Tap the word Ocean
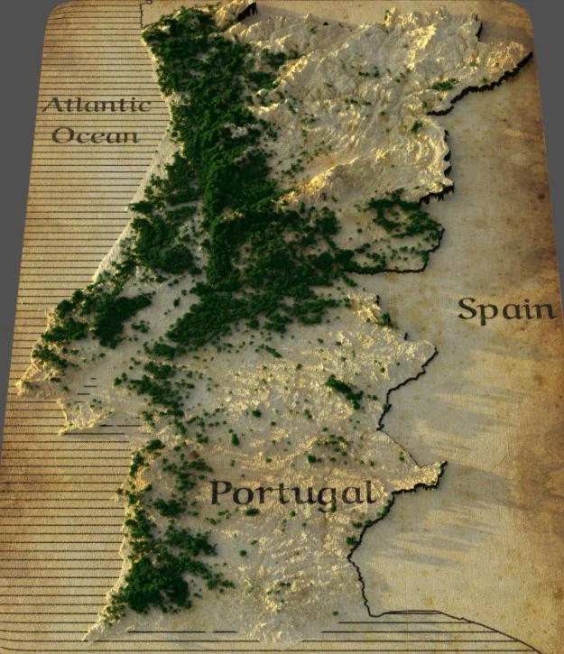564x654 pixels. point(96,136)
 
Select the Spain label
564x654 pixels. point(506,309)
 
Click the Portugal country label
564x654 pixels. point(291,493)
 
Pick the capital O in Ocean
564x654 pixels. point(63,136)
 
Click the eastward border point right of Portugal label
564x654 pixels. point(442,467)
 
